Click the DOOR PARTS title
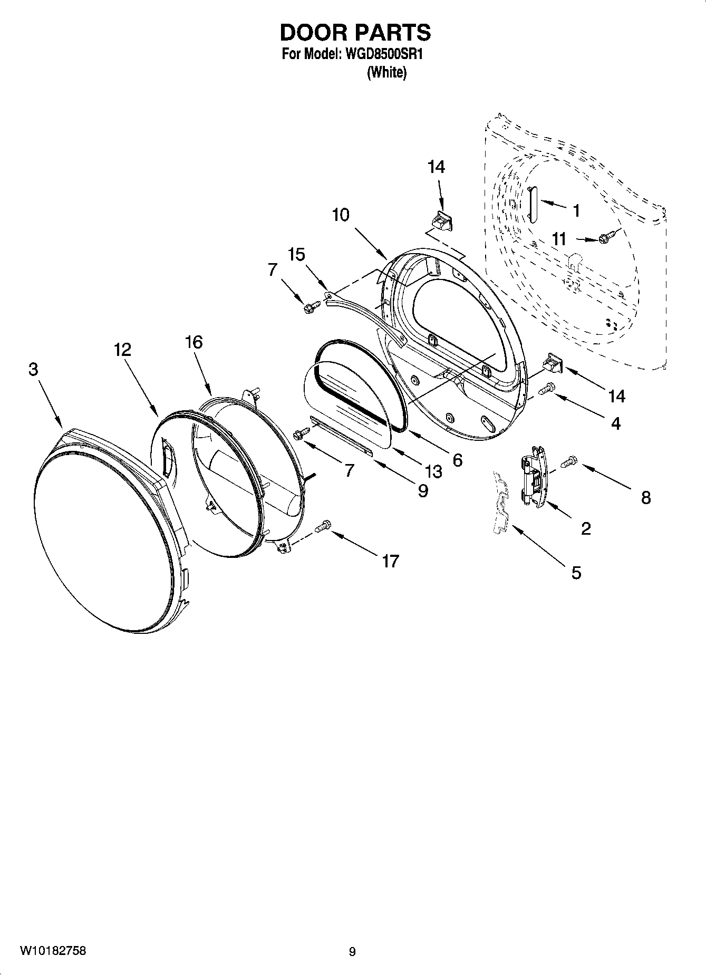click(x=355, y=33)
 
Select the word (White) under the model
click(x=386, y=72)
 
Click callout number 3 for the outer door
click(x=33, y=370)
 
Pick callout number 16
click(x=194, y=342)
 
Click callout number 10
click(x=341, y=215)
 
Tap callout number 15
click(x=297, y=255)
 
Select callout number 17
click(x=390, y=562)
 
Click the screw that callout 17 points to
click(x=323, y=526)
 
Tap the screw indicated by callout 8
click(x=568, y=462)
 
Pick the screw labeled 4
click(x=547, y=389)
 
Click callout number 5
click(x=576, y=572)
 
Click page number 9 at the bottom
click(x=352, y=952)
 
